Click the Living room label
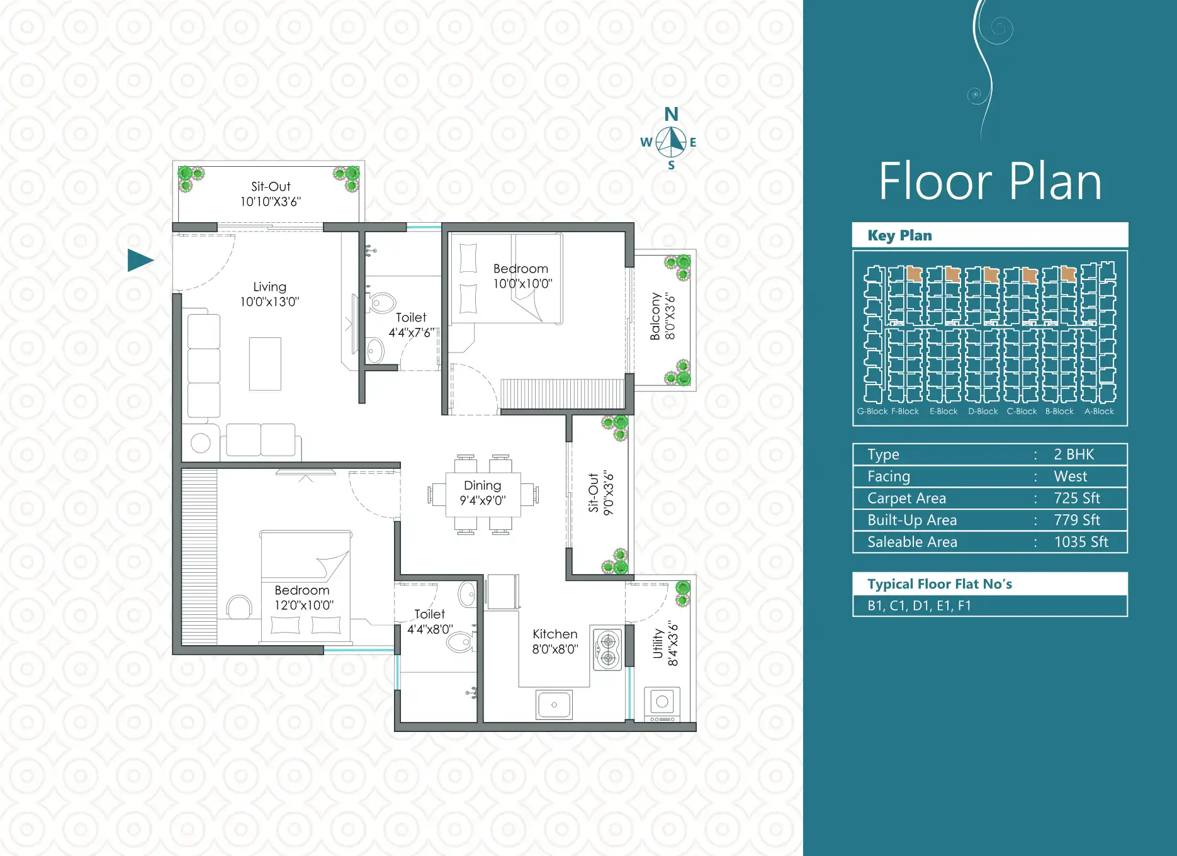click(269, 294)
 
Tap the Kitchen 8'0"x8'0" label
click(555, 641)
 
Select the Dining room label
click(483, 493)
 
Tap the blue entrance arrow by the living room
click(140, 260)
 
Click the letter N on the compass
click(672, 114)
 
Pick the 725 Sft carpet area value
click(1077, 498)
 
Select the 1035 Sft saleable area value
click(1081, 542)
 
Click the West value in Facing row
click(1071, 476)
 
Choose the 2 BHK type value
click(1074, 454)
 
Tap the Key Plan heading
click(899, 235)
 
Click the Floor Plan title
click(990, 181)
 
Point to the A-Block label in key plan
click(1099, 411)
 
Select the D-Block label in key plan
click(983, 411)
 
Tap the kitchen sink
click(555, 704)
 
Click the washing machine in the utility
click(662, 704)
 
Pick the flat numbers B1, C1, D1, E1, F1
click(919, 605)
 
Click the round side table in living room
click(201, 443)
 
